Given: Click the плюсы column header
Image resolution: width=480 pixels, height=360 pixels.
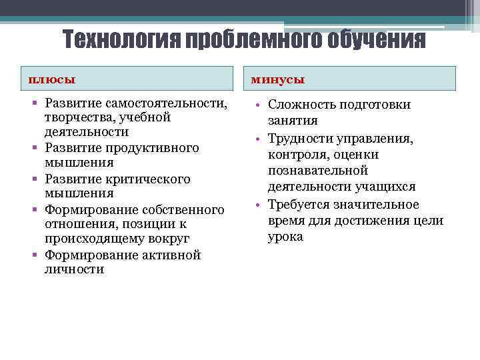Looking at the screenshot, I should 51,79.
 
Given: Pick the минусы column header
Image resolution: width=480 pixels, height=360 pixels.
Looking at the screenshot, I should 277,79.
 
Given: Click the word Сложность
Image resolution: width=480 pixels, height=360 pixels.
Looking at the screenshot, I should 300,105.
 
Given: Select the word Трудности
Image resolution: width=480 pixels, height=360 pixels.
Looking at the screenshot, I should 298,139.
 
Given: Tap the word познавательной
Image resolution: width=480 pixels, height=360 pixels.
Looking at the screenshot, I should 318,171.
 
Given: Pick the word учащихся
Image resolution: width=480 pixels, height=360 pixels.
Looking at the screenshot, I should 386,187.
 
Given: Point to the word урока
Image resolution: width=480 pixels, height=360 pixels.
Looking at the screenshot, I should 285,237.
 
